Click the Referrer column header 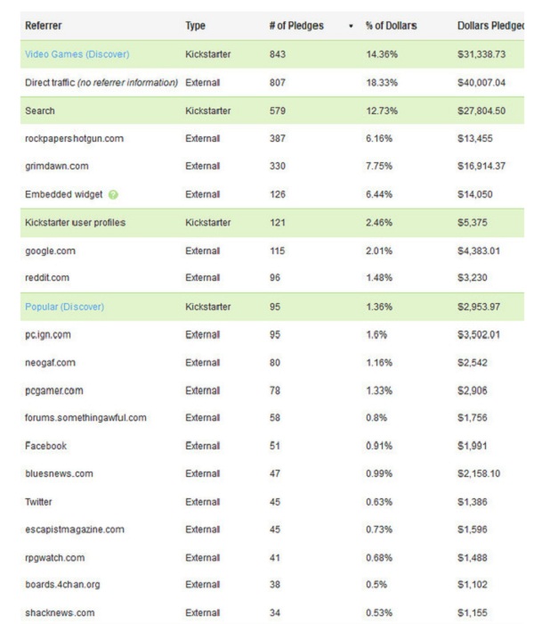[44, 26]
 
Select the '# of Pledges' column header [295, 26]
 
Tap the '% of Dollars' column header [391, 26]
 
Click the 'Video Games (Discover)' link [77, 54]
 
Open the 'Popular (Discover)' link [65, 307]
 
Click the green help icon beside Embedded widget [113, 195]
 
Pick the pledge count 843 [278, 54]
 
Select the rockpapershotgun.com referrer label [75, 138]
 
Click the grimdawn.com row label [56, 167]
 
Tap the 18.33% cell [384, 83]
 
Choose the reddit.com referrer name [47, 278]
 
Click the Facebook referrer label [46, 446]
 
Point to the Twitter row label [38, 502]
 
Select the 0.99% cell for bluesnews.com [381, 473]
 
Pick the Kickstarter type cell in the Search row [208, 111]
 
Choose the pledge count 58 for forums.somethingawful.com [275, 417]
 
